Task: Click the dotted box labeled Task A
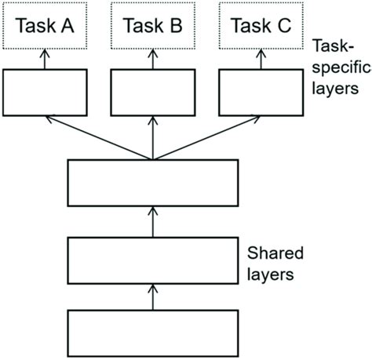pos(45,27)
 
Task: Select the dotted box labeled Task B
pos(153,27)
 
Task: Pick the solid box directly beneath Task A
pos(45,92)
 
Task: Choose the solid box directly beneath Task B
pos(153,92)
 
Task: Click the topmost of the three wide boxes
pos(153,183)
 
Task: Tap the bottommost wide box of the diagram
pos(153,332)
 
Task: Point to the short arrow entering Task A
pos(45,59)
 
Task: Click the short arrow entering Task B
pos(153,59)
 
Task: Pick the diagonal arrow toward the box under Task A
pos(98,138)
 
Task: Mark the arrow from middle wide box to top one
pos(153,220)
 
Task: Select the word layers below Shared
pos(268,275)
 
